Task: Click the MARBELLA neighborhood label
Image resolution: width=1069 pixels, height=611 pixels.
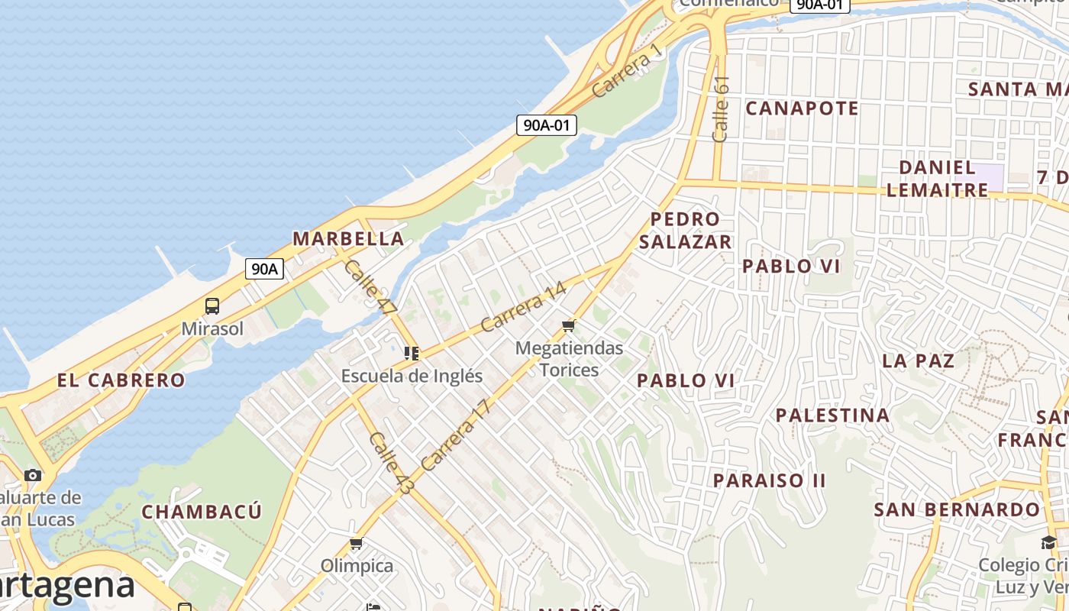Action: coord(348,238)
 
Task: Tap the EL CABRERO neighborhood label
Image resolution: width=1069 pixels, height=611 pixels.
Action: coord(121,380)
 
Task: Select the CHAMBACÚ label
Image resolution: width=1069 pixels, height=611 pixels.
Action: coord(202,511)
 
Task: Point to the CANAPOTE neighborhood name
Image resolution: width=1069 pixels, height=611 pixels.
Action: coord(802,108)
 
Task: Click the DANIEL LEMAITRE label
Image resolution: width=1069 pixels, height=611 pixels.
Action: coord(937,178)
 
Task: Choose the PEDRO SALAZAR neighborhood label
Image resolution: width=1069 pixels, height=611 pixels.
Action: coord(685,231)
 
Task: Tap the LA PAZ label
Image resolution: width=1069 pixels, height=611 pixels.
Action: coord(918,360)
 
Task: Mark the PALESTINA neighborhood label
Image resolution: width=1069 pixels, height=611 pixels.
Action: coord(832,415)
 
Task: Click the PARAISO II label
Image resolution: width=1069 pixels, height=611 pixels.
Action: coord(769,480)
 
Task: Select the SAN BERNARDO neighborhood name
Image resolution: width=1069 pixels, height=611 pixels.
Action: coord(957,509)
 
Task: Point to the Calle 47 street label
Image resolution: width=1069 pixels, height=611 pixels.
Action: coord(370,287)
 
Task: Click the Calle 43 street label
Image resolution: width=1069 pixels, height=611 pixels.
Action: coord(390,463)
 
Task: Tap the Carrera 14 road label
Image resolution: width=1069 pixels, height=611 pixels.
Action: coord(524,307)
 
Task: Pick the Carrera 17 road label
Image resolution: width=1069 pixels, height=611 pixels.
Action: coord(454,434)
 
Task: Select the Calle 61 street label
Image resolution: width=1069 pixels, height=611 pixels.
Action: coord(721,108)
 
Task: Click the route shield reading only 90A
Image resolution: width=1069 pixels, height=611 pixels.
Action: coord(264,269)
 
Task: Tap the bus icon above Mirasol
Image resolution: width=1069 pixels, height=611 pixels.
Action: coord(212,306)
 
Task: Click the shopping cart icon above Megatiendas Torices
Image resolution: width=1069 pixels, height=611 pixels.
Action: coord(568,326)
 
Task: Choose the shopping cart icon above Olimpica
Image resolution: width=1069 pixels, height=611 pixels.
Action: coord(356,544)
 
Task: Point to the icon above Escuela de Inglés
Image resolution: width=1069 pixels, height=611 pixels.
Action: coord(412,354)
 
